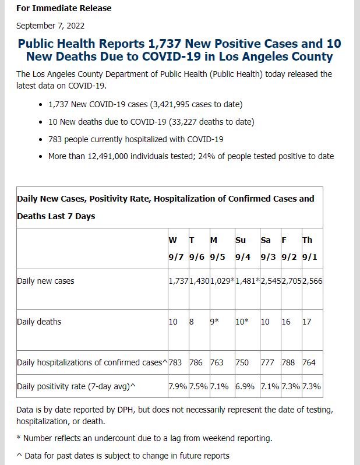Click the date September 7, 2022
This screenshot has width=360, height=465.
[50, 26]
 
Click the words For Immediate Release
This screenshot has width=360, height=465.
[63, 8]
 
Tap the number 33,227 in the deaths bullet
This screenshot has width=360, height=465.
[183, 122]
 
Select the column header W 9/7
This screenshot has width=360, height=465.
[176, 248]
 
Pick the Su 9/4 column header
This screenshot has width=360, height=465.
[243, 248]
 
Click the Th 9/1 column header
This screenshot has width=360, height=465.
[309, 248]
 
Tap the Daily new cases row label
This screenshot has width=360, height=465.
[45, 281]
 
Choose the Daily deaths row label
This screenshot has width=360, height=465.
[39, 322]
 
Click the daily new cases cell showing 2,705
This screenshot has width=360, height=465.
[291, 281]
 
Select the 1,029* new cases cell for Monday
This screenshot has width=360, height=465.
[223, 281]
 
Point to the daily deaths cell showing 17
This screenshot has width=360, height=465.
[307, 322]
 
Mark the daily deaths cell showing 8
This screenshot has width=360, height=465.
[192, 322]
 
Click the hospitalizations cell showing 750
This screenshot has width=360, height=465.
[242, 362]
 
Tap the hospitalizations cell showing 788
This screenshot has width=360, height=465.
[288, 362]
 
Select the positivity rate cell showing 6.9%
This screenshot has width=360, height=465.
[245, 386]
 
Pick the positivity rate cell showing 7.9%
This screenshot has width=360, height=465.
[178, 386]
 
